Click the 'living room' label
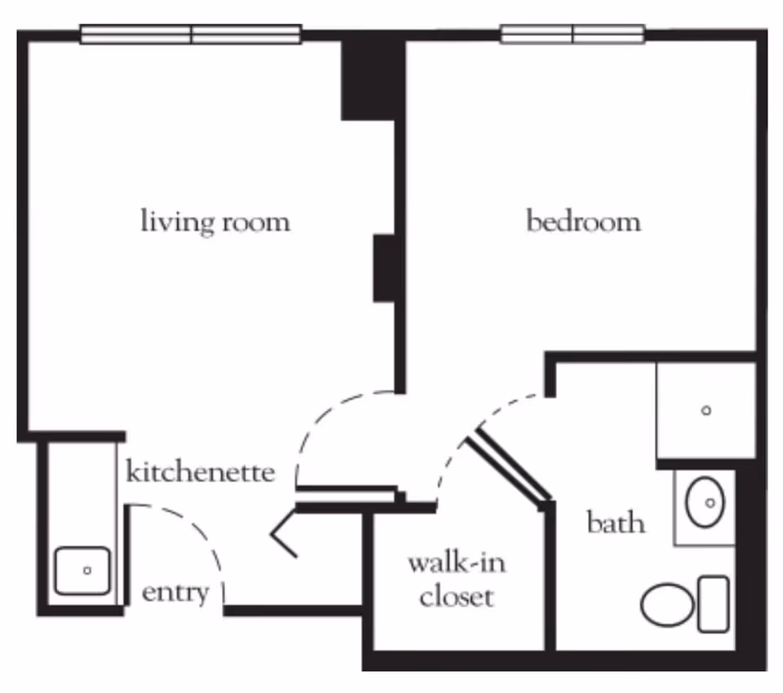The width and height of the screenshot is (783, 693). click(x=215, y=222)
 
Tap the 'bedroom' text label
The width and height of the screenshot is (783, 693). click(x=582, y=222)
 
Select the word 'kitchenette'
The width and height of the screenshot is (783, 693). click(x=200, y=472)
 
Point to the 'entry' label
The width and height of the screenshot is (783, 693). click(x=175, y=593)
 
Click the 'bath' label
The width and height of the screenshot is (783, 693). click(x=616, y=522)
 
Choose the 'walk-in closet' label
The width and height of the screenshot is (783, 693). click(x=457, y=580)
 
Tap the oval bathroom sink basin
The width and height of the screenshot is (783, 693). click(x=705, y=503)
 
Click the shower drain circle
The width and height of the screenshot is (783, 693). click(x=706, y=411)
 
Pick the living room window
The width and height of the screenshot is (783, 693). click(x=191, y=34)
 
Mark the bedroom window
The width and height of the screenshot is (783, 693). click(x=573, y=34)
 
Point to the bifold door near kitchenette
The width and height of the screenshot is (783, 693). click(x=284, y=534)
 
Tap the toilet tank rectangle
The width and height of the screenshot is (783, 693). click(x=714, y=604)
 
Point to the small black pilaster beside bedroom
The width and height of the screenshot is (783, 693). click(x=385, y=268)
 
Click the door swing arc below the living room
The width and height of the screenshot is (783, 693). click(x=326, y=420)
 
